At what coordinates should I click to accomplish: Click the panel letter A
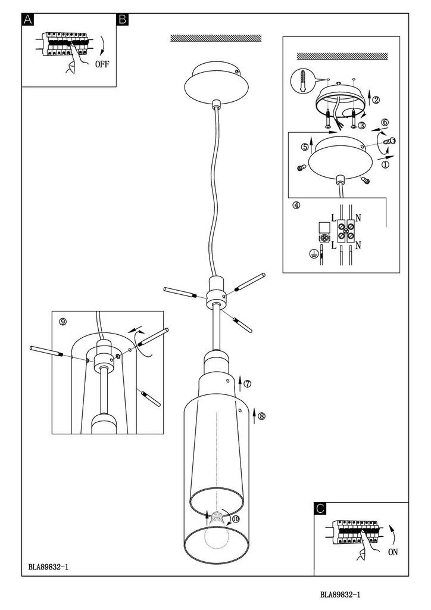click(x=28, y=20)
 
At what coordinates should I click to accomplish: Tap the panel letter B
click(x=123, y=20)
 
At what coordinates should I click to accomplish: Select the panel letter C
click(x=320, y=509)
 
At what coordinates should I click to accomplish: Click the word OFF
click(x=102, y=64)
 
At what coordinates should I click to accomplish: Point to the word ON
click(x=393, y=552)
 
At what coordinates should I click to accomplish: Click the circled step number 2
click(x=376, y=99)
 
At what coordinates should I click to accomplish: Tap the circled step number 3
click(x=362, y=125)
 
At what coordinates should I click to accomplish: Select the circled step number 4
click(x=296, y=205)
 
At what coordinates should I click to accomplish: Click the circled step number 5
click(x=305, y=147)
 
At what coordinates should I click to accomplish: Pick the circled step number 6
click(x=385, y=122)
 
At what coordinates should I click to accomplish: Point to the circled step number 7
click(x=248, y=384)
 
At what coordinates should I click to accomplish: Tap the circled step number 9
click(x=63, y=321)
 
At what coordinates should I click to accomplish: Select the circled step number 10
click(x=236, y=519)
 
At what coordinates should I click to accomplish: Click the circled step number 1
click(x=385, y=164)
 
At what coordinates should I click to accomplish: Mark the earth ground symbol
click(x=312, y=254)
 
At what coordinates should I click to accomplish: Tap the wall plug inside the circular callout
click(x=302, y=81)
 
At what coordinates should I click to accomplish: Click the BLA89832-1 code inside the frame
click(x=49, y=567)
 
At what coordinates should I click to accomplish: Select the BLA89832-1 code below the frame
click(x=341, y=595)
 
